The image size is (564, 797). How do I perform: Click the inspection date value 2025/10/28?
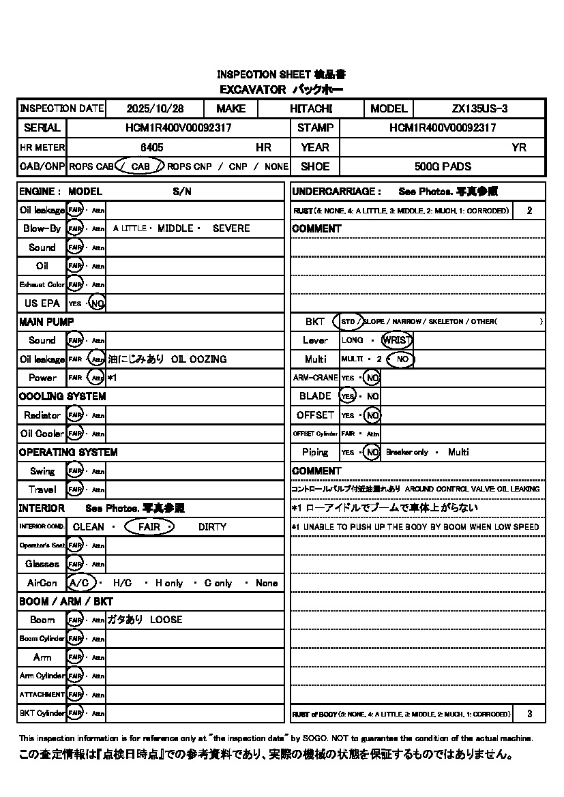pos(155,109)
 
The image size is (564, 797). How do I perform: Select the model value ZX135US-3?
pos(479,109)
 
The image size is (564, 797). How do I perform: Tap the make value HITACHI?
pos(310,109)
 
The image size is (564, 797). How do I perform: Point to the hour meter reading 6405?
pos(151,147)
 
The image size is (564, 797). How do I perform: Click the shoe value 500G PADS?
pos(443,166)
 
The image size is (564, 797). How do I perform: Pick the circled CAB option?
pos(140,166)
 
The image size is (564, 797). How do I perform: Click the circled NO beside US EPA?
pos(98,303)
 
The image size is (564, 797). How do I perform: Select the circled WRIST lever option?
pos(397,340)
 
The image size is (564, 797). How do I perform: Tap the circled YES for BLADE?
pos(348,396)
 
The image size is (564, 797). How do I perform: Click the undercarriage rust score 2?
pos(529,211)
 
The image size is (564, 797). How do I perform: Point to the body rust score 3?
pos(529,714)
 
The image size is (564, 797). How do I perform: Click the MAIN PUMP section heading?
pos(46,322)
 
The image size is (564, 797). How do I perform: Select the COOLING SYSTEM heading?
pos(62,396)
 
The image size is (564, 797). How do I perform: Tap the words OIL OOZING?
pos(198,359)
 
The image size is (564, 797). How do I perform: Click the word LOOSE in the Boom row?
pos(166,620)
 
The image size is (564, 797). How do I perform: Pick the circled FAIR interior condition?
pos(149,527)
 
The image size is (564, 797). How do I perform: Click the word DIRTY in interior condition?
pos(212,527)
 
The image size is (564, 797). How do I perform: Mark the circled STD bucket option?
pos(348,322)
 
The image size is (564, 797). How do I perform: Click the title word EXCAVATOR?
pos(252,89)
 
